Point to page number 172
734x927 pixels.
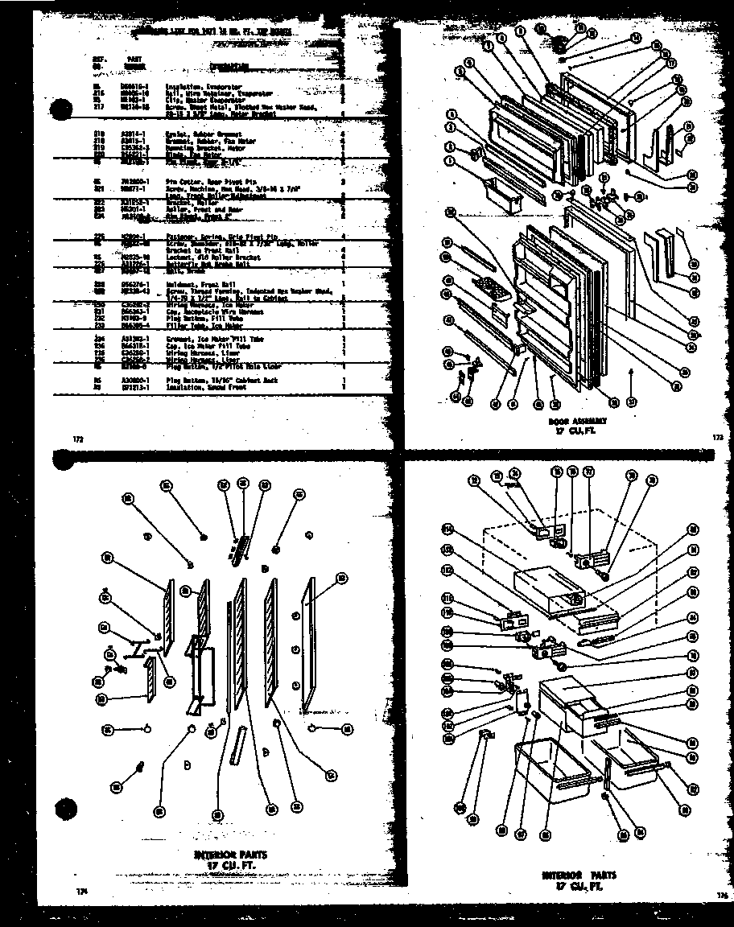(78, 438)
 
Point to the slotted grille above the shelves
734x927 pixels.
(240, 546)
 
